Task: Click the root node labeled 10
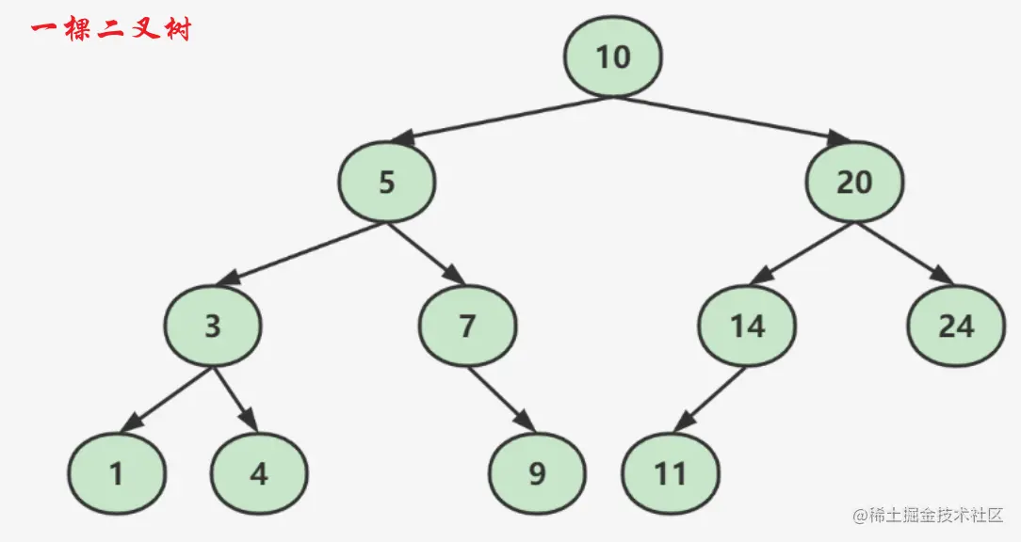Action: [x=613, y=57]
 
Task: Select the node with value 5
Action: [x=387, y=182]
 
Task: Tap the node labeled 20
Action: [x=854, y=182]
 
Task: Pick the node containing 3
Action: [x=213, y=327]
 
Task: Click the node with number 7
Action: [x=467, y=327]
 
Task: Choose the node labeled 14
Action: [x=746, y=327]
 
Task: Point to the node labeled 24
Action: [x=955, y=327]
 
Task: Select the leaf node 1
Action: [x=117, y=473]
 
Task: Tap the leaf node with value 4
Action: [x=259, y=473]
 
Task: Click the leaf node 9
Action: [x=537, y=473]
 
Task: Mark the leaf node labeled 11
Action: [x=671, y=473]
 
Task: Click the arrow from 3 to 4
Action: [x=235, y=400]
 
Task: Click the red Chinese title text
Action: [x=111, y=30]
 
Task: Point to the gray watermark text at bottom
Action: [x=928, y=516]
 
